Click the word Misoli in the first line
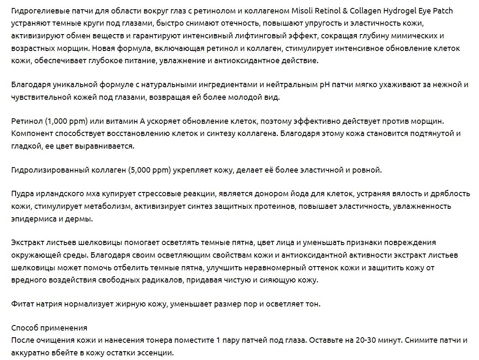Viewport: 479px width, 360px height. pyautogui.click(x=302, y=11)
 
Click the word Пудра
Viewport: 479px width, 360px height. pyautogui.click(x=22, y=194)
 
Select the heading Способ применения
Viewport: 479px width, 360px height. pyautogui.click(x=49, y=328)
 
